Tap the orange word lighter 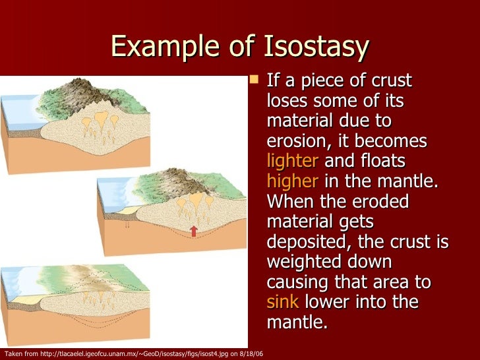click(x=292, y=162)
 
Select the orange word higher click(x=293, y=182)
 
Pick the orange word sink click(x=283, y=302)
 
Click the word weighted click(x=301, y=262)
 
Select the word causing click(x=298, y=282)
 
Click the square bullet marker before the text click(x=255, y=81)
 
